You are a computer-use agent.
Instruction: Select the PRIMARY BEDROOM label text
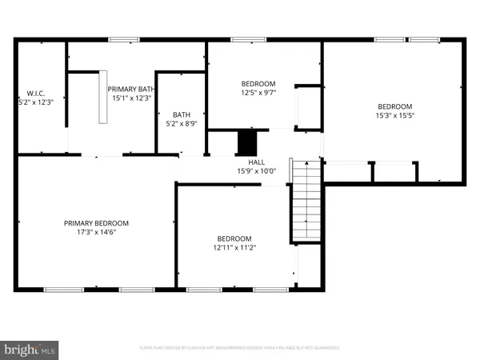pos(96,223)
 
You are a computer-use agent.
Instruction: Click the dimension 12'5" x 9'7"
pos(258,92)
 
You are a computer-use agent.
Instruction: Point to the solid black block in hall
pos(246,143)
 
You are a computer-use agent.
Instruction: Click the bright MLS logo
pos(30,349)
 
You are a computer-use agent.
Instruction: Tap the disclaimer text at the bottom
pos(240,348)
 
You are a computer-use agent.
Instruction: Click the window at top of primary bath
pos(122,38)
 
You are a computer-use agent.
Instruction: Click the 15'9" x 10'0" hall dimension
pos(255,170)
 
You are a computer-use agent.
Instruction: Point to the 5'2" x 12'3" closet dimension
pos(34,102)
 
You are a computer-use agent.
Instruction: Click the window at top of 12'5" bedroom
pos(244,38)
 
